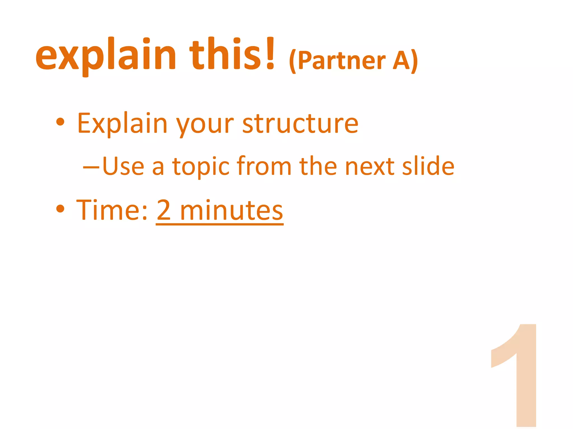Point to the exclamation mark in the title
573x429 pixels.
pyautogui.click(x=270, y=53)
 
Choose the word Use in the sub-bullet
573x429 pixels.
pyautogui.click(x=123, y=166)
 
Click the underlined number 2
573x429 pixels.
pyautogui.click(x=164, y=210)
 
